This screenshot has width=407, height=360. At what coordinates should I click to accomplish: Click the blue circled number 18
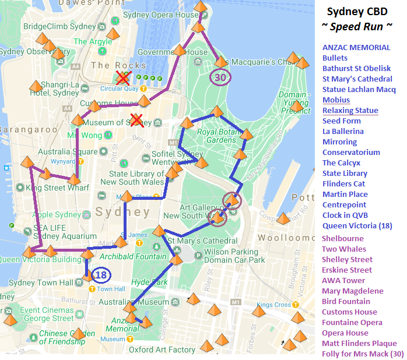(101, 275)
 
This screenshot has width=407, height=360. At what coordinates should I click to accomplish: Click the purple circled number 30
(220, 77)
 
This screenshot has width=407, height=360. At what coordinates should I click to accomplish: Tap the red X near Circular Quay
(122, 78)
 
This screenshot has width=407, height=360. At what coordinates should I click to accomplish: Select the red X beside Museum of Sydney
(136, 120)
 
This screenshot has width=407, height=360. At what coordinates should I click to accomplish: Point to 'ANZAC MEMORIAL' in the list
(356, 47)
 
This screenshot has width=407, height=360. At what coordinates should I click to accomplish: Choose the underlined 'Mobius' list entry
(336, 100)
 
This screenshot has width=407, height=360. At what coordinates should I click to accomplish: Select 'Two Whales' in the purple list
(344, 249)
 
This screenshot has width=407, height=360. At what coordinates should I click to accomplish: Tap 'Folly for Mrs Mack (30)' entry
(363, 354)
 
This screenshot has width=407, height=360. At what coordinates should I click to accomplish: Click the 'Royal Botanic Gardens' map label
(217, 136)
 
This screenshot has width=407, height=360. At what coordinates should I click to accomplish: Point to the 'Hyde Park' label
(150, 282)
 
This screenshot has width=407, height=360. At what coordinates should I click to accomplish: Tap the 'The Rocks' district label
(118, 65)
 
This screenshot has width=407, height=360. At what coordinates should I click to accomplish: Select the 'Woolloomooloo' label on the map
(287, 238)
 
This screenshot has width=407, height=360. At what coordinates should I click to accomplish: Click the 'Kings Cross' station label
(273, 305)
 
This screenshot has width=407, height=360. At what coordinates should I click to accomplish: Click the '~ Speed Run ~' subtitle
(357, 27)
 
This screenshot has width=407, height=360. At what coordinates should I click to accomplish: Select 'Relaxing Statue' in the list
(350, 110)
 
